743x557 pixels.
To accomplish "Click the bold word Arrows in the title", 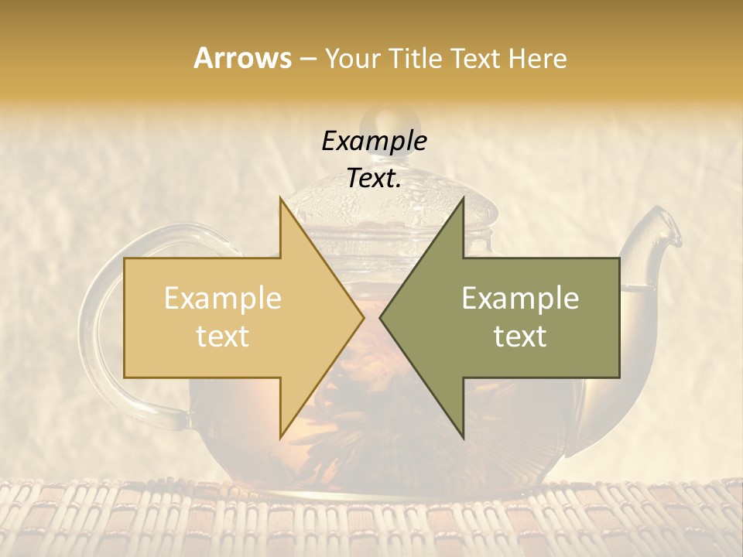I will click(x=242, y=58).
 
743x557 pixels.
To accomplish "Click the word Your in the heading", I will click(x=353, y=59).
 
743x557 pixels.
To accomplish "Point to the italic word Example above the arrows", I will click(x=374, y=141).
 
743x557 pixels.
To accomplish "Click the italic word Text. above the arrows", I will click(x=374, y=179).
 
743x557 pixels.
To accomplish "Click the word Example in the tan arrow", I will click(x=223, y=299).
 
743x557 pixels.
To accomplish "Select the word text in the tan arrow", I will click(x=223, y=337).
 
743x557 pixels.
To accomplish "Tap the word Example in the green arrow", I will click(x=520, y=299).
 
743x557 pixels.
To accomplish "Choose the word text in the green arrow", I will click(x=520, y=337).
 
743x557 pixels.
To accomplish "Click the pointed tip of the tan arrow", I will click(x=363, y=317).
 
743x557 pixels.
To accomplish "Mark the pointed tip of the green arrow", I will click(x=381, y=317).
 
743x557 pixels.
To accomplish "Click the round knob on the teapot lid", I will click(x=378, y=121).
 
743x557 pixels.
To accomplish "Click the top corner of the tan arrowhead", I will click(x=281, y=198).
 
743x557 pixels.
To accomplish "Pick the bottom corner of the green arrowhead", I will click(x=463, y=437).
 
